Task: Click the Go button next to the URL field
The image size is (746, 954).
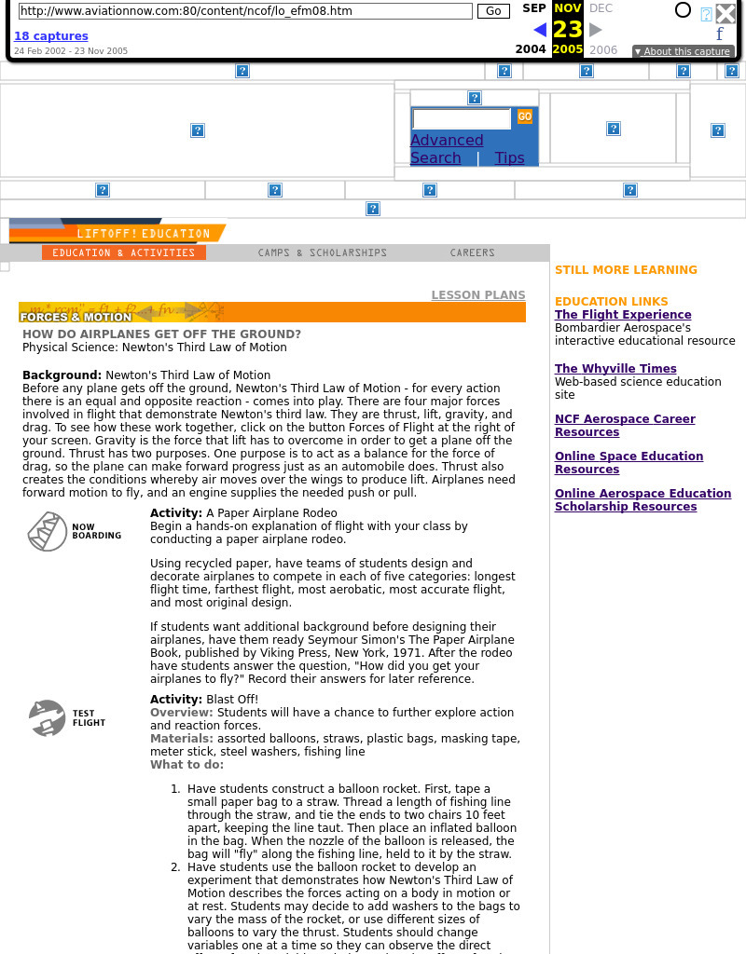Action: coord(493,11)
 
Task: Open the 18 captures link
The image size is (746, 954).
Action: coord(51,36)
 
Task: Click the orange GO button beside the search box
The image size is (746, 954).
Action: coord(525,117)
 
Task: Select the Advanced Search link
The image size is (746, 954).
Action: coord(446,149)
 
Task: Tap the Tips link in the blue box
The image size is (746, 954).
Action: coord(509,158)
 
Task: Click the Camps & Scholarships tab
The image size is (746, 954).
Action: coord(323,253)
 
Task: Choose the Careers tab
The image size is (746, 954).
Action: coord(473,253)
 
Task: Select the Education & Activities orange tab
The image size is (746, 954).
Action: coord(124,253)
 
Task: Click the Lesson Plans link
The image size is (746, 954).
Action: coord(477,295)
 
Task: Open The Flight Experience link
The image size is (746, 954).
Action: coord(623,315)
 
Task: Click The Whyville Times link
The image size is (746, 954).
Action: coord(615,369)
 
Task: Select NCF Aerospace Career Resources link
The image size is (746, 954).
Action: coord(625,426)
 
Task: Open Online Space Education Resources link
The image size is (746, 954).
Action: coord(629,463)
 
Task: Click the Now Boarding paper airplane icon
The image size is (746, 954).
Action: coord(47,532)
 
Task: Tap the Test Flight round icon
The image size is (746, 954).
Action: coord(47,718)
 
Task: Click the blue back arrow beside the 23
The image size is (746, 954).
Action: coord(540,30)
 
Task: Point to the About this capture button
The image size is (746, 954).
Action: coord(683,52)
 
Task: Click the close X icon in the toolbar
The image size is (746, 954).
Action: coord(725,13)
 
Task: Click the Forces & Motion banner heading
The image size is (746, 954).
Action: coord(76,317)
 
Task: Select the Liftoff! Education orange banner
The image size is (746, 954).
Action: coord(144,234)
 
